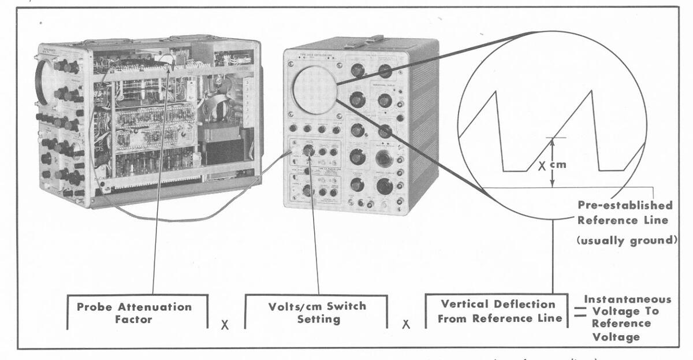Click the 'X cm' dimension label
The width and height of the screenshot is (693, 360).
(x=553, y=165)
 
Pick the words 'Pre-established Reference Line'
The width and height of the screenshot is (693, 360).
(x=625, y=213)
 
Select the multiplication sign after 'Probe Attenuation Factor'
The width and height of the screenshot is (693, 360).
(x=225, y=325)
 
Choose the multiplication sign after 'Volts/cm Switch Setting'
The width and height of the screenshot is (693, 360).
(x=406, y=325)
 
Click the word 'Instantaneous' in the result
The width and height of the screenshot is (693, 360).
(x=628, y=299)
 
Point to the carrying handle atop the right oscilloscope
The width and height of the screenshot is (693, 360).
(x=363, y=41)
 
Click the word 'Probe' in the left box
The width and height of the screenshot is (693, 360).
(x=95, y=306)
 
